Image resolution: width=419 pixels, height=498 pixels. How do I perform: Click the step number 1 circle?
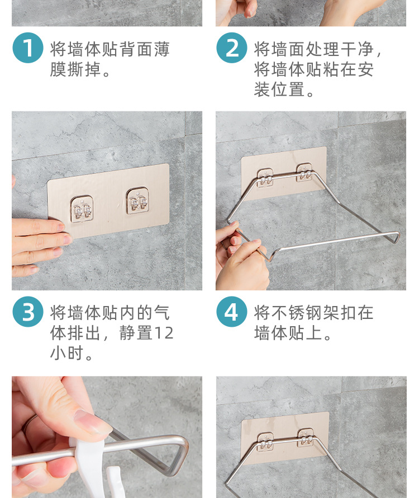[x=28, y=48]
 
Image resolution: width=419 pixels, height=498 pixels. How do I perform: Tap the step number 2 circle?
[x=232, y=48]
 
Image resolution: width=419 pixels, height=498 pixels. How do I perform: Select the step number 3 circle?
[x=28, y=312]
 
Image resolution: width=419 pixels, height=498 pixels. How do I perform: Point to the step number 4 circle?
[x=232, y=312]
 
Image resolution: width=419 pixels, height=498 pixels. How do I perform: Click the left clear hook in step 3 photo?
[x=82, y=206]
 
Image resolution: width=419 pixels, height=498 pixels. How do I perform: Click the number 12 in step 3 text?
[x=164, y=333]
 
